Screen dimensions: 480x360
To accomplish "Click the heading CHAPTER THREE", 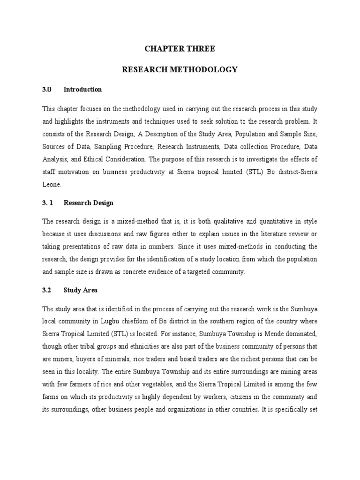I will pyautogui.click(x=180, y=48).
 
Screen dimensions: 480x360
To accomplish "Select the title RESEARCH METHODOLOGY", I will pyautogui.click(x=180, y=69).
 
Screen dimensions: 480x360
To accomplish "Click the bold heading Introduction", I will pyautogui.click(x=82, y=89).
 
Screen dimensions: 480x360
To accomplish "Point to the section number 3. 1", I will pyautogui.click(x=49, y=203).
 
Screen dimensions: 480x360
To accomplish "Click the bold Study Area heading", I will pyautogui.click(x=81, y=290).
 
